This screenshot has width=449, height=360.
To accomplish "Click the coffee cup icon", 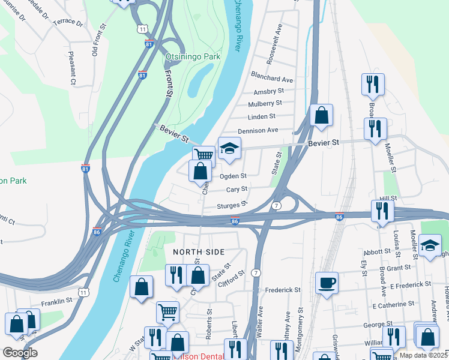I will pyautogui.click(x=327, y=282).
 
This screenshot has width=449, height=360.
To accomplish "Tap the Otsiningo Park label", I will pyautogui.click(x=193, y=56).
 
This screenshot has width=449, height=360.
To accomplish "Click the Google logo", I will pyautogui.click(x=19, y=353).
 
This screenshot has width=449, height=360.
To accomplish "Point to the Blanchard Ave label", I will pyautogui.click(x=273, y=79).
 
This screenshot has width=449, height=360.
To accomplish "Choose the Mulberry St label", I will pyautogui.click(x=265, y=103).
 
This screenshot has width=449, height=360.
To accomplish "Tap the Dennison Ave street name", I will pyautogui.click(x=258, y=130).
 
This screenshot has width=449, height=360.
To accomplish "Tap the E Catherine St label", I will pyautogui.click(x=394, y=306).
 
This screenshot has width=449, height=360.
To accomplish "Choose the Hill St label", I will pyautogui.click(x=388, y=198).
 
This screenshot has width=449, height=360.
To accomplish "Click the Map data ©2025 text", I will pyautogui.click(x=423, y=355).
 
